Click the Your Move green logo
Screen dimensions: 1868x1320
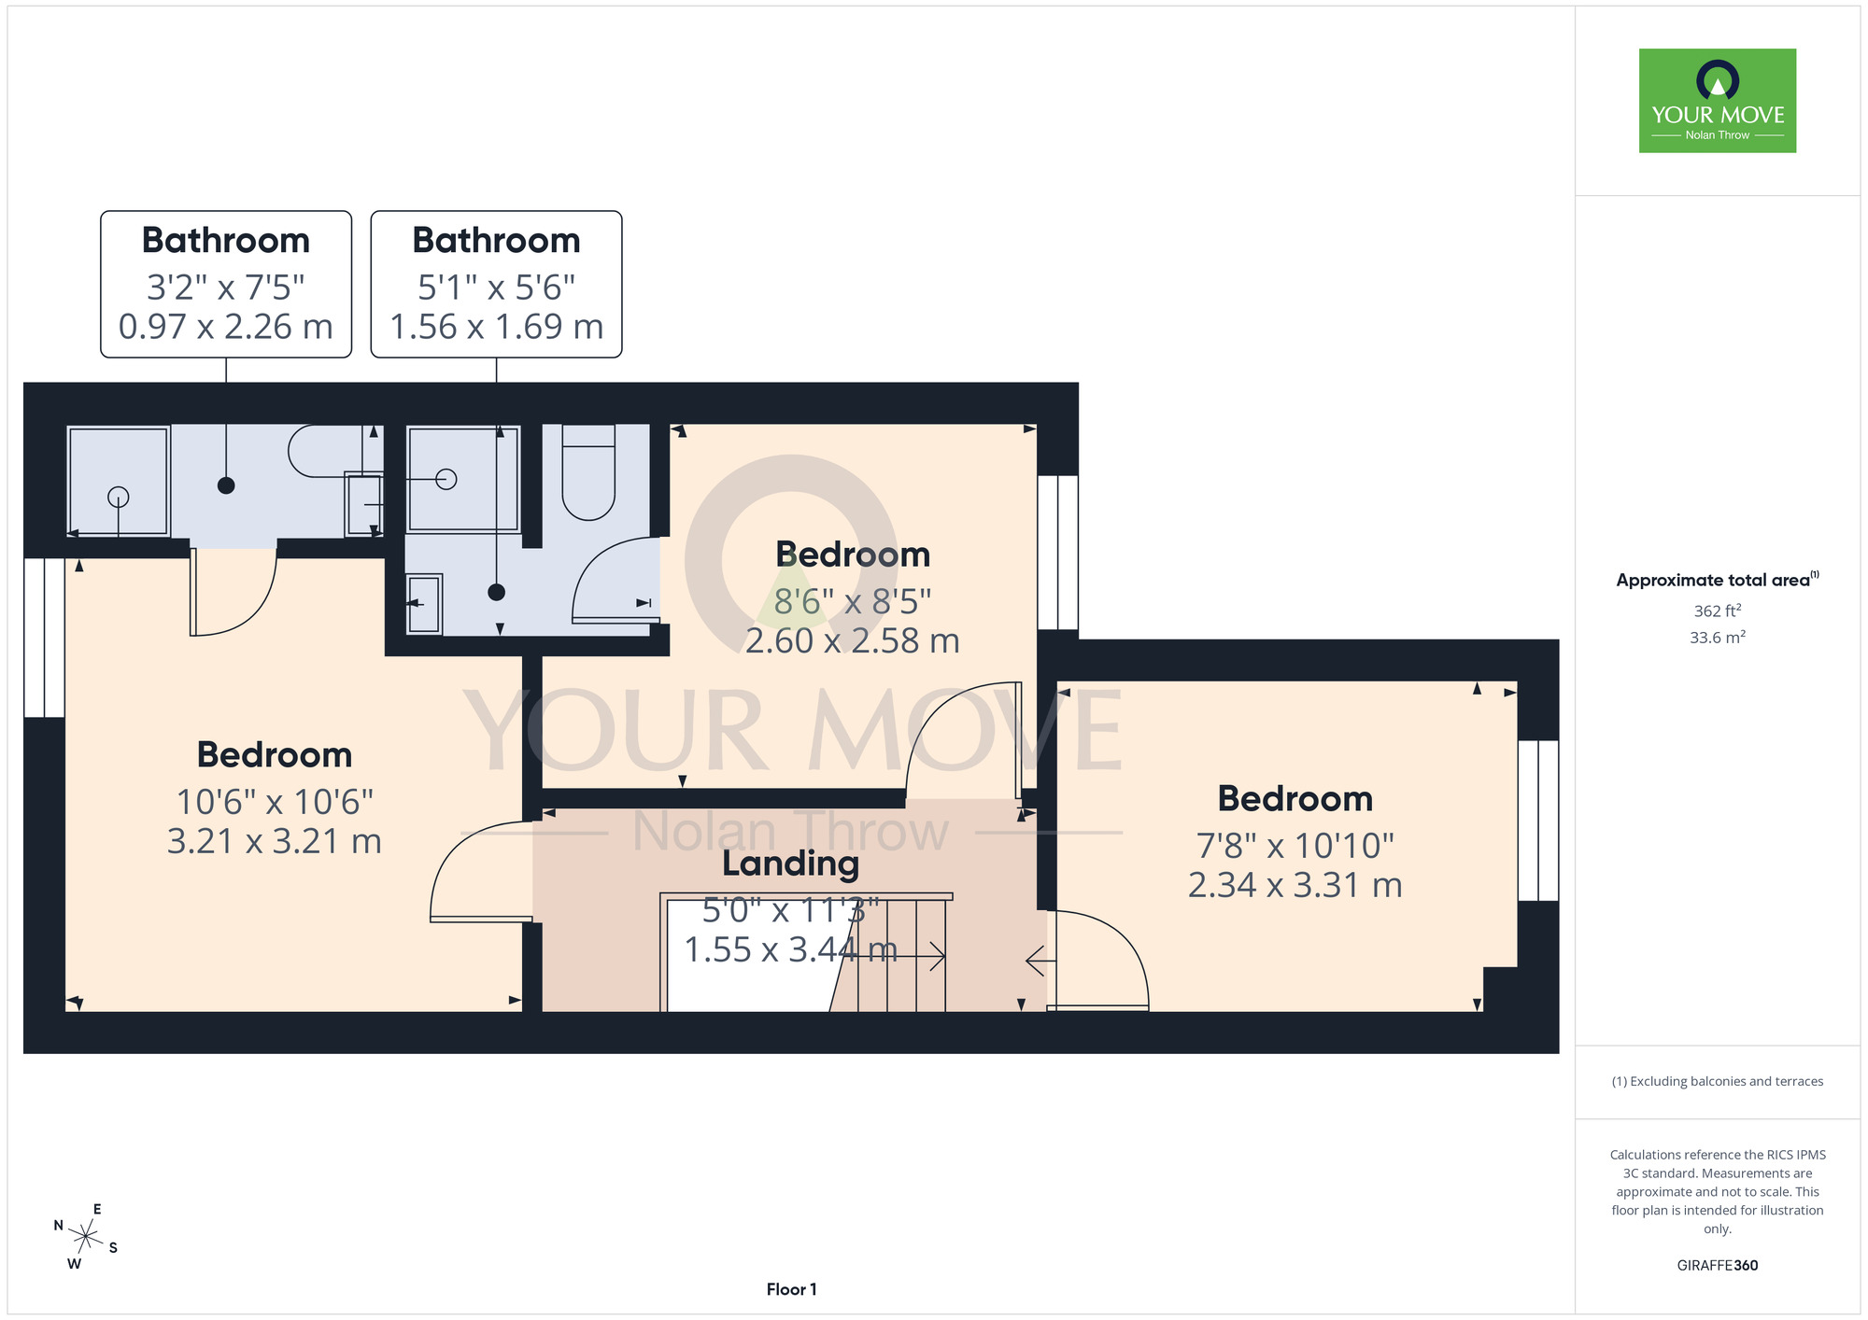[1717, 101]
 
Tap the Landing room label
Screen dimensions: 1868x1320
[790, 864]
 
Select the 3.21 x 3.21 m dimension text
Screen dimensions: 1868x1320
[275, 841]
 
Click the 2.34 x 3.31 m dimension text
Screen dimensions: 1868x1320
[1295, 885]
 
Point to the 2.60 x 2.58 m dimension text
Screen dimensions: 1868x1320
[853, 641]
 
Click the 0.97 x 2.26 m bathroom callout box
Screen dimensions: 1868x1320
[226, 284]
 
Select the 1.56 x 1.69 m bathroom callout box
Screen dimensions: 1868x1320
[496, 284]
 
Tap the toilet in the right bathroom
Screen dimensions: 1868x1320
[588, 472]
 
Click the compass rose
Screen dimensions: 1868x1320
[86, 1238]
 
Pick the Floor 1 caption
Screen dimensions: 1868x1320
[791, 1289]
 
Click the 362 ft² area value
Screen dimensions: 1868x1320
[1718, 611]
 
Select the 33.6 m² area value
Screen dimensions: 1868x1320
[1718, 638]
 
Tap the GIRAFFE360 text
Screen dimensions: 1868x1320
[1718, 1266]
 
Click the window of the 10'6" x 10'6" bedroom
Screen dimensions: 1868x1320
[44, 638]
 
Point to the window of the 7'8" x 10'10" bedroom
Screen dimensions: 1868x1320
[1538, 821]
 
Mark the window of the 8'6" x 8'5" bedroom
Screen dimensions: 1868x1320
[1058, 553]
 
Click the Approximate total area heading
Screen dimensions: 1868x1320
[1718, 580]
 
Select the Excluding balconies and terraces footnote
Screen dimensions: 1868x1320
[1718, 1081]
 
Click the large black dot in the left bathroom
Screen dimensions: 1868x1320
[226, 485]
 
